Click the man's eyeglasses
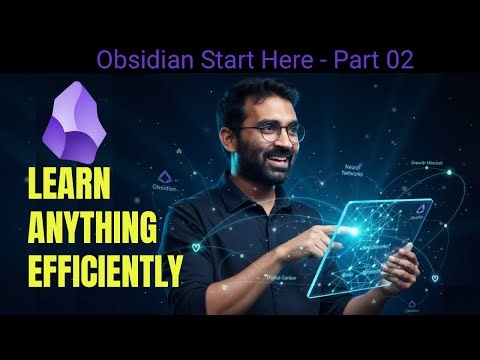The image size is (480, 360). (x=261, y=131)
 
